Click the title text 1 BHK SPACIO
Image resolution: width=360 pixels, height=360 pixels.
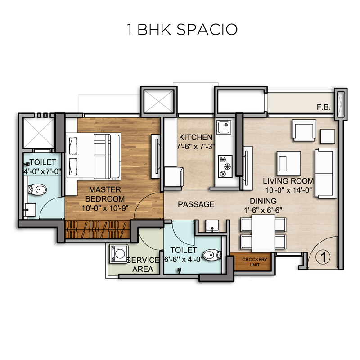[182, 30]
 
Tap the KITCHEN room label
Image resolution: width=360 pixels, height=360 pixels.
[196, 137]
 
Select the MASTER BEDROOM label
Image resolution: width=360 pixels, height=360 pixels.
[105, 194]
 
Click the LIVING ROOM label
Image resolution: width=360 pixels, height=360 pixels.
[288, 181]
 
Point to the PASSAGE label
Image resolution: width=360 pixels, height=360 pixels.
[196, 204]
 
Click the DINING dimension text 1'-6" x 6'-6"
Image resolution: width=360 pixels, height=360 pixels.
[263, 210]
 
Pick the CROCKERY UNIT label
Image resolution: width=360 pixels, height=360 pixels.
[255, 262]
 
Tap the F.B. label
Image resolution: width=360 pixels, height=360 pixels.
[324, 107]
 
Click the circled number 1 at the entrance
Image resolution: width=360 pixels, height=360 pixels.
[323, 256]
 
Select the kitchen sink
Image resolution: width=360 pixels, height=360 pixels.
[225, 127]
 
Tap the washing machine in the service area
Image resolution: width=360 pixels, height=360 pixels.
[119, 253]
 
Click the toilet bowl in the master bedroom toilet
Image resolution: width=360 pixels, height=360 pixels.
[37, 189]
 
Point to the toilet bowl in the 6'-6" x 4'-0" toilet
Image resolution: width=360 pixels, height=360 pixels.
[212, 255]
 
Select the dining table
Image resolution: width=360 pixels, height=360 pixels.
[263, 233]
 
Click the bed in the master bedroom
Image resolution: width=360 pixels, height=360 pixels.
[94, 156]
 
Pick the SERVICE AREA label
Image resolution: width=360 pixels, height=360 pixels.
[143, 264]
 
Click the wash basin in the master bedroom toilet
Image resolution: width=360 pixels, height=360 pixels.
[30, 210]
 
